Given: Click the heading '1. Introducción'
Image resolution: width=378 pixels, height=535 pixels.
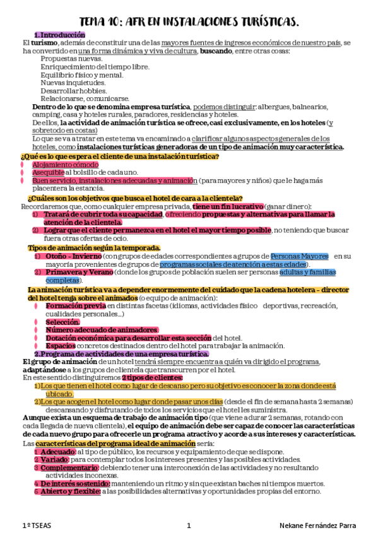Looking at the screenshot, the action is click(x=59, y=35).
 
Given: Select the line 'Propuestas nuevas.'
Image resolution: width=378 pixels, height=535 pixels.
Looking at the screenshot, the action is click(x=71, y=58).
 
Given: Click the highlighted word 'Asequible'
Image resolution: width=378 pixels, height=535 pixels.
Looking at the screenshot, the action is click(x=47, y=172).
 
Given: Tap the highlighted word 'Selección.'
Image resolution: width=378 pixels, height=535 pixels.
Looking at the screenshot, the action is click(x=62, y=322).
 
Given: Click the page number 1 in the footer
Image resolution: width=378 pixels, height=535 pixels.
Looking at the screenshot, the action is click(x=189, y=526).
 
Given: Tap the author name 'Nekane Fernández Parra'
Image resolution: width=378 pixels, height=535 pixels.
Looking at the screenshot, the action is click(x=319, y=526).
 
